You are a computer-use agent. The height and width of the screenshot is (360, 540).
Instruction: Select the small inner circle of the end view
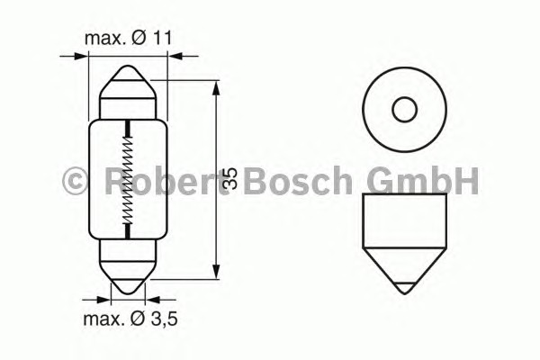point(405,110)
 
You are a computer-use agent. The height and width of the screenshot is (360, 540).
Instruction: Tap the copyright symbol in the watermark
point(75,181)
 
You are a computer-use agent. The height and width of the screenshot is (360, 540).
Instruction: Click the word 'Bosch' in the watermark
point(297,181)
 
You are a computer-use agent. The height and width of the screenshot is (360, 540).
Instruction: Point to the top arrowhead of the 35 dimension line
point(217,85)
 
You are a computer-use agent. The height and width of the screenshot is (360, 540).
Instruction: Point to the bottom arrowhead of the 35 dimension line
point(217,274)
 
